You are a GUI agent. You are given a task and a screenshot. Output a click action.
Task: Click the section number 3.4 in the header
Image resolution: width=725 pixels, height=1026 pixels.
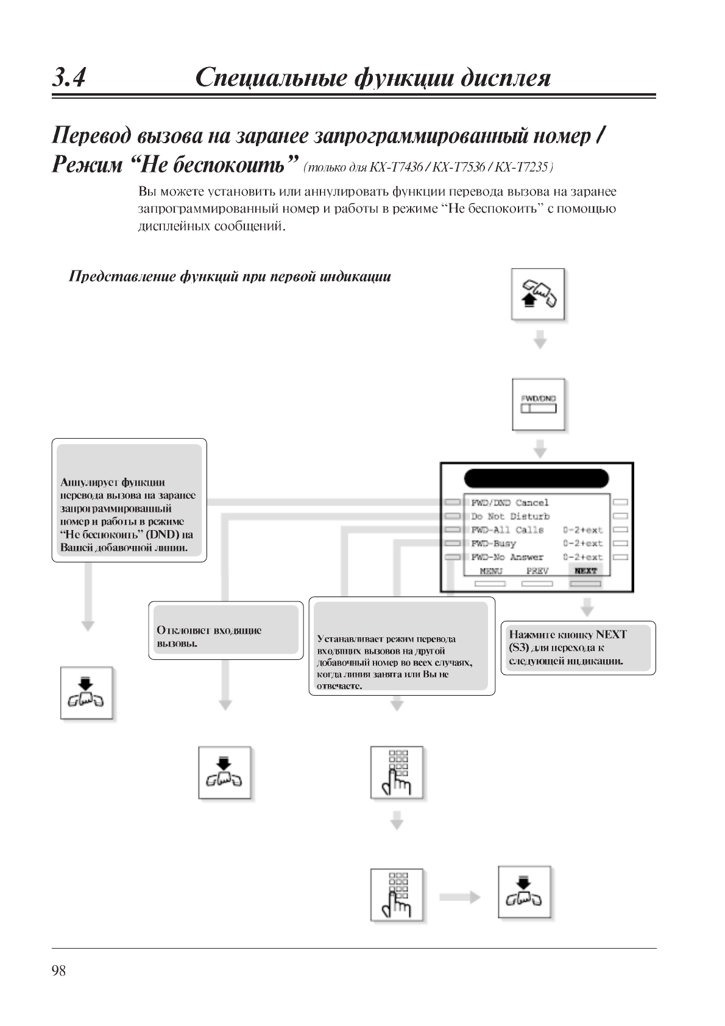69,78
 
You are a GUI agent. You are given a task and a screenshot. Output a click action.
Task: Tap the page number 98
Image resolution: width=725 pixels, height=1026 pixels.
59,971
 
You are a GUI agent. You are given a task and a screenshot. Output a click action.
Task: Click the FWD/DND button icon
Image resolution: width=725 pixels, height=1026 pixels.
539,405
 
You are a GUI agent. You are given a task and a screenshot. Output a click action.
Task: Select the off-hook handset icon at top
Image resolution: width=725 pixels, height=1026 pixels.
539,294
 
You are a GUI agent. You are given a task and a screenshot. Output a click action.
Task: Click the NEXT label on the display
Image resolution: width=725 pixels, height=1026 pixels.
585,571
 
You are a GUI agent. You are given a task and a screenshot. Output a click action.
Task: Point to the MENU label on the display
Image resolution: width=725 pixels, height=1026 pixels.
490,571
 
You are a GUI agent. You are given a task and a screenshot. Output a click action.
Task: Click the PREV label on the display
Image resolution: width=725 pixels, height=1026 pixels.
537,571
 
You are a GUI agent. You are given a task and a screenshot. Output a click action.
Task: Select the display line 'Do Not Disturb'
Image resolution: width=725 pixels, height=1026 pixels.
510,516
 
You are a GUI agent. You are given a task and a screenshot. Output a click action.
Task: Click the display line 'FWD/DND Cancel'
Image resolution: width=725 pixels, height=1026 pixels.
510,503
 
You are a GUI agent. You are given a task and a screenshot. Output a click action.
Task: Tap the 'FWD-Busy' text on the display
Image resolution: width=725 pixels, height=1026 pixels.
493,543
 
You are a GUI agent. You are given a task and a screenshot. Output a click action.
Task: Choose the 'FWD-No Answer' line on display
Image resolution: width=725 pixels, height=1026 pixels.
507,557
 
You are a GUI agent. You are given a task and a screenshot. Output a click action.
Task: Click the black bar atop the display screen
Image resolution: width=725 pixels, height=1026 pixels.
536,478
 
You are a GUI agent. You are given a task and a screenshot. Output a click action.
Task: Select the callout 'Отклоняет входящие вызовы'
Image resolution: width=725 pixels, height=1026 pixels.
225,631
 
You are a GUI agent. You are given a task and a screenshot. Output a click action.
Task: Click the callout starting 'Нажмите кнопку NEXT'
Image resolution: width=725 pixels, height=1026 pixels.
578,648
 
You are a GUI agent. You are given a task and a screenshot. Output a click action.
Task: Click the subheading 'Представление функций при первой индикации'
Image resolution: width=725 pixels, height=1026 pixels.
230,277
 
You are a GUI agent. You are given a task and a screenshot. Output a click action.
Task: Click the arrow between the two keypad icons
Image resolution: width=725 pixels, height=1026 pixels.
397,821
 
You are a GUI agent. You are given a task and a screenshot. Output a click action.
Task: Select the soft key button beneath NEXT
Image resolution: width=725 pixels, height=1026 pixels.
585,584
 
